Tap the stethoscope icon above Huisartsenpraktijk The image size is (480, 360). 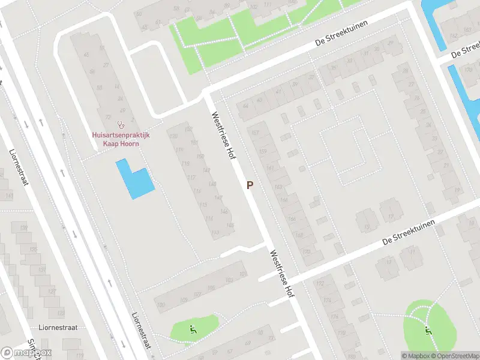tap(121, 125)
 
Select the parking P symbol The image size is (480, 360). tap(250, 186)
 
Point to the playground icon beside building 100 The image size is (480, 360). tap(192, 329)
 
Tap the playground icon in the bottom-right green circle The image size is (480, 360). tap(428, 329)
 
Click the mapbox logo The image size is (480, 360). tap(26, 353)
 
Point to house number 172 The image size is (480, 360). tap(320, 283)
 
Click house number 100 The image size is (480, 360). tap(161, 305)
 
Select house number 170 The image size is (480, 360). tap(307, 252)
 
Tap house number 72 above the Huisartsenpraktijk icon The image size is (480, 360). tap(108, 116)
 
